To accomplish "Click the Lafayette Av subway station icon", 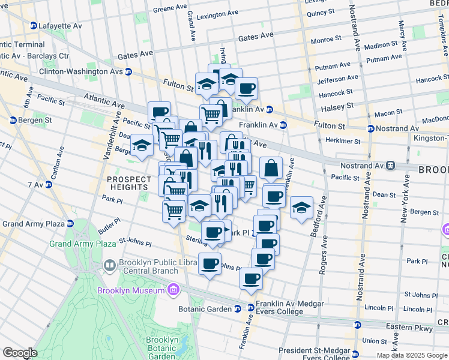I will [33, 26].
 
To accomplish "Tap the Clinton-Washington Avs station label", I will [80, 71].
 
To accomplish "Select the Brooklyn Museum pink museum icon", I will [173, 290].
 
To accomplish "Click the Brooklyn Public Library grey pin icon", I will [109, 265].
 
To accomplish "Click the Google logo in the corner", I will [20, 353].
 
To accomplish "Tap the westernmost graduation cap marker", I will [142, 146].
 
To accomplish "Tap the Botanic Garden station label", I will [205, 309].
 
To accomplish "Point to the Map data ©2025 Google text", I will [412, 355].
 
